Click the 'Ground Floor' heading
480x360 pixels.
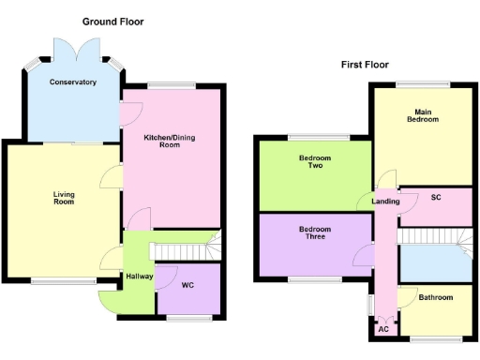click(112, 21)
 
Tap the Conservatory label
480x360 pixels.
click(73, 82)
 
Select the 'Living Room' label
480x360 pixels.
click(63, 198)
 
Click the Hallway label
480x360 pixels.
click(139, 277)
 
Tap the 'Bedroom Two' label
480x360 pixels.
click(315, 163)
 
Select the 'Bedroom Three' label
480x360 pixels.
click(315, 233)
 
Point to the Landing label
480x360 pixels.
click(385, 202)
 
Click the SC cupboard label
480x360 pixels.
click(436, 198)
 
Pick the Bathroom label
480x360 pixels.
click(435, 298)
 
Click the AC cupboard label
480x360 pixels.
click(382, 329)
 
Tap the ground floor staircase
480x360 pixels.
click(185, 250)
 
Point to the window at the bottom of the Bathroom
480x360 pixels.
click(436, 337)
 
